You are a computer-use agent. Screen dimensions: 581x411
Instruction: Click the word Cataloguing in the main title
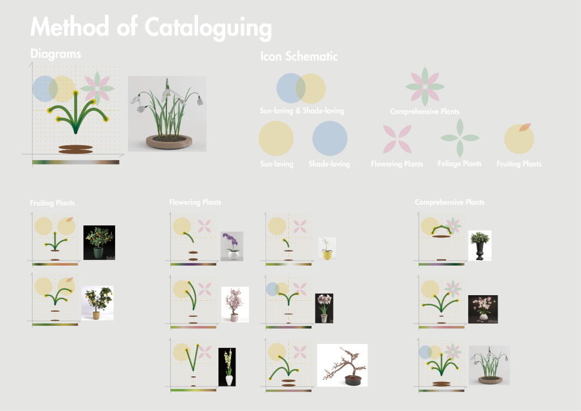tap(208, 28)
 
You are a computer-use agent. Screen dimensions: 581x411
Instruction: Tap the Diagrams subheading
tap(56, 54)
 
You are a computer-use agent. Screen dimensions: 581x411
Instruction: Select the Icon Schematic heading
tap(298, 56)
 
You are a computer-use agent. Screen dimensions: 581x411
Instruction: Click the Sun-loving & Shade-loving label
tap(302, 111)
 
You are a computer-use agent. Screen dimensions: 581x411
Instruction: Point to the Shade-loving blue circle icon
tap(330, 139)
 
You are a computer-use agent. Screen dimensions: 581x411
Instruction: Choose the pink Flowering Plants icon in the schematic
tap(397, 139)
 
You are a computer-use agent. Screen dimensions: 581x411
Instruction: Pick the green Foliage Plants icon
tap(460, 138)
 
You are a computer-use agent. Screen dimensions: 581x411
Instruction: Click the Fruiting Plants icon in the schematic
tap(519, 139)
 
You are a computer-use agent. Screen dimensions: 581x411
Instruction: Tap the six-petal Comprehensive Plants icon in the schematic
tap(425, 87)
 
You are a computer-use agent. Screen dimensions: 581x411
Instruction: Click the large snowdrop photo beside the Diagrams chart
tap(167, 114)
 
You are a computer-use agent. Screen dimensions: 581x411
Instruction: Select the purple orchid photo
tap(232, 246)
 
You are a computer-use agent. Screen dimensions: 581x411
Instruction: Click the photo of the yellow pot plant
tap(327, 249)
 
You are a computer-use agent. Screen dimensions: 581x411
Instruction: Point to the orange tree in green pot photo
tap(99, 242)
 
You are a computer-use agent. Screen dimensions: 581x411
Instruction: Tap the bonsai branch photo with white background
tap(342, 366)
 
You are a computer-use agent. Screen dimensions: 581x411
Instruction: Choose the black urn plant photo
tap(480, 246)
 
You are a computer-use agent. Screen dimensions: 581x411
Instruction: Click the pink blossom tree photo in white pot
tap(235, 304)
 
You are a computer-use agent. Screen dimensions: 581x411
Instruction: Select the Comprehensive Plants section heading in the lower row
tap(449, 202)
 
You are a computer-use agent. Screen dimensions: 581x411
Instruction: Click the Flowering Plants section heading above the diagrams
tap(195, 202)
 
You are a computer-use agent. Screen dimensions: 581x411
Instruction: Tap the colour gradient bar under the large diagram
tap(75, 162)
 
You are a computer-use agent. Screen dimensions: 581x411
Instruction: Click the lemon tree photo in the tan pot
tap(98, 303)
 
